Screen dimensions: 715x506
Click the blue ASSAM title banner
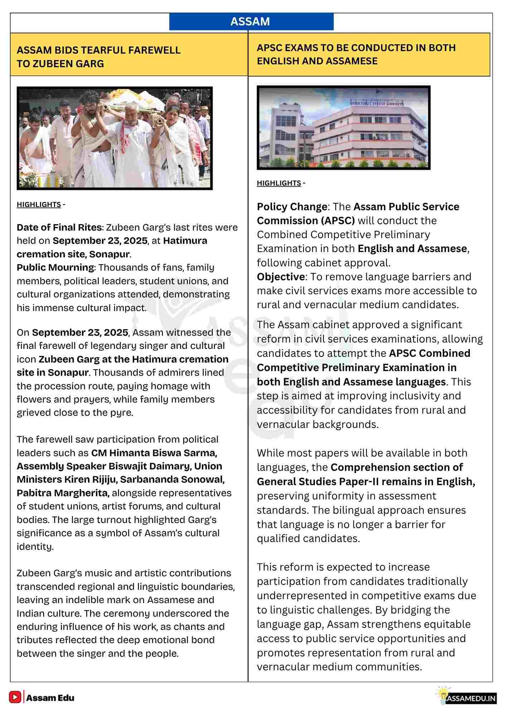click(x=250, y=21)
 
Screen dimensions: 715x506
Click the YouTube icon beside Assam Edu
click(x=15, y=697)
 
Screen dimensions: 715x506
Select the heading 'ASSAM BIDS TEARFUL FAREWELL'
click(x=98, y=50)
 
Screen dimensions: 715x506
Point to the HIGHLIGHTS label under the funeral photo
click(x=39, y=204)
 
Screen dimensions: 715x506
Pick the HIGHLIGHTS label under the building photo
click(x=279, y=183)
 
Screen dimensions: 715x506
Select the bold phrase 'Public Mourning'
click(x=55, y=267)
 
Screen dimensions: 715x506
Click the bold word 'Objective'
click(x=281, y=277)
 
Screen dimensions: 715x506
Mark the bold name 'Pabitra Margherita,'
click(x=63, y=493)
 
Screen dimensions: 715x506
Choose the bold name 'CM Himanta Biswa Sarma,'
click(x=154, y=453)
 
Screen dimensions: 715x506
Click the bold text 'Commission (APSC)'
click(x=306, y=221)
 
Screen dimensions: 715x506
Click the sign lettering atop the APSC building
click(x=376, y=103)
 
